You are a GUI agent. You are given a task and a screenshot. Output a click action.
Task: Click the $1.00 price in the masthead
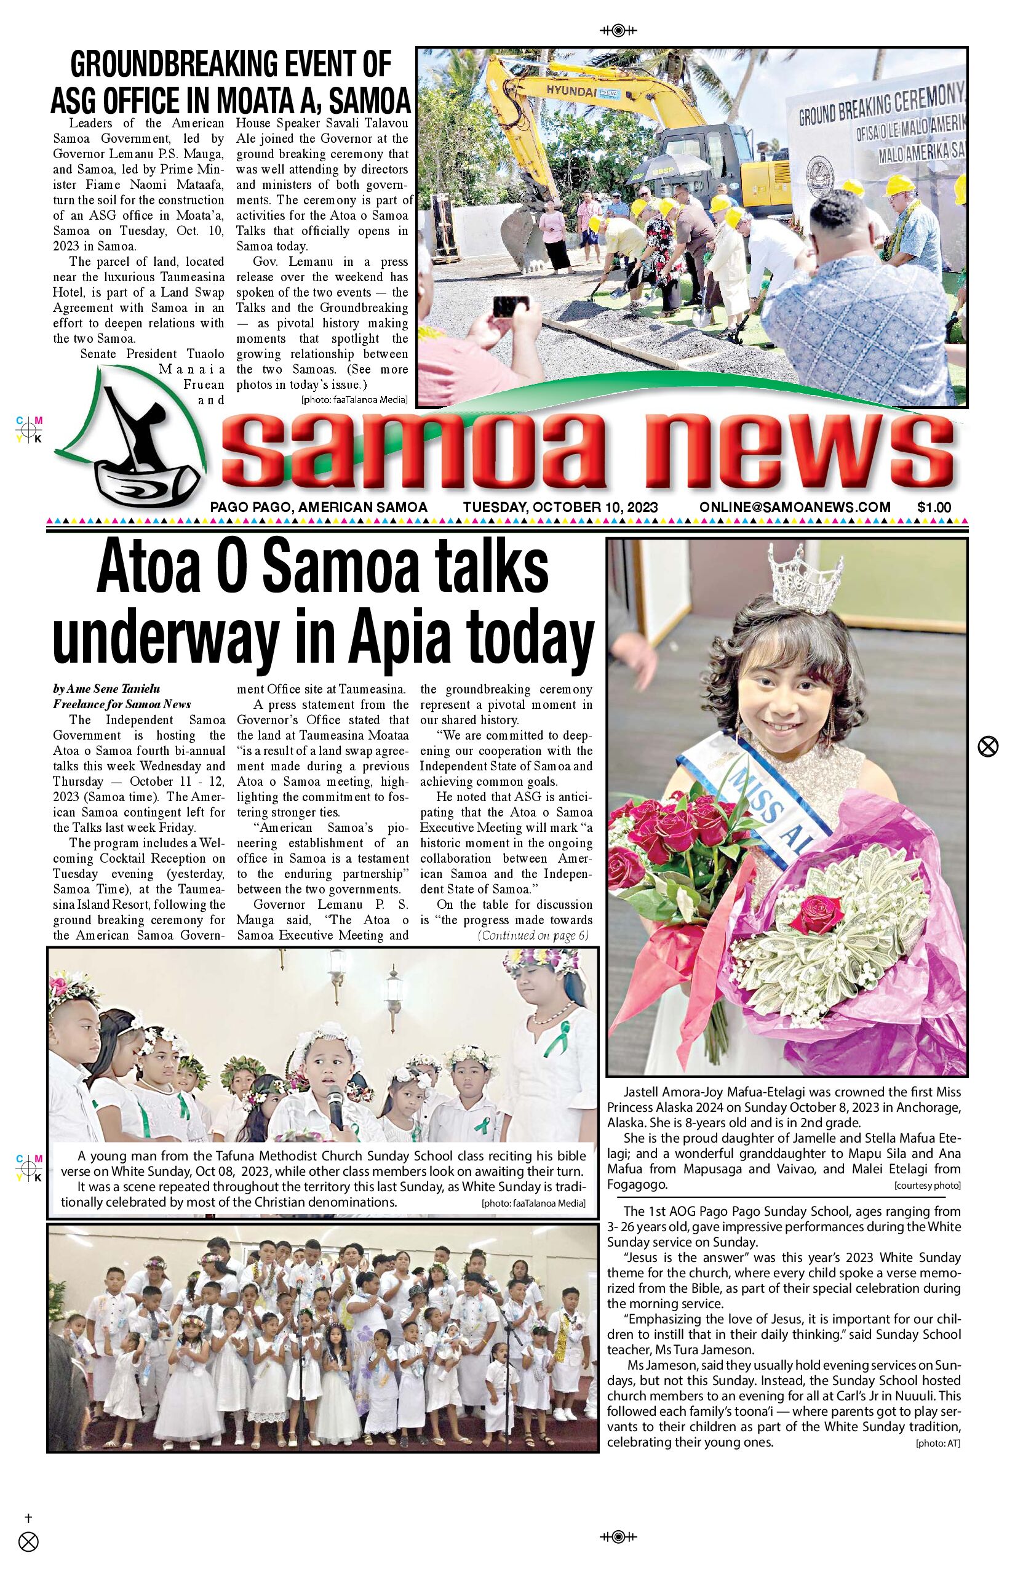click(x=933, y=507)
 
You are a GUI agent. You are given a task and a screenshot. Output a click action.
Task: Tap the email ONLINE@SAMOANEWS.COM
click(x=795, y=507)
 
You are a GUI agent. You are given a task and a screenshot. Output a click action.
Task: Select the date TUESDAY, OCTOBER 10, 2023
click(x=560, y=507)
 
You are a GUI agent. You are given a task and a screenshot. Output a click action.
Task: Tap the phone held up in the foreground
click(x=511, y=306)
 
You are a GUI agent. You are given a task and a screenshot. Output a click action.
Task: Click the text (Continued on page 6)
click(x=533, y=935)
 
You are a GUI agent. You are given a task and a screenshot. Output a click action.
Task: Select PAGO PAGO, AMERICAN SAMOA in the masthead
click(x=319, y=507)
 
